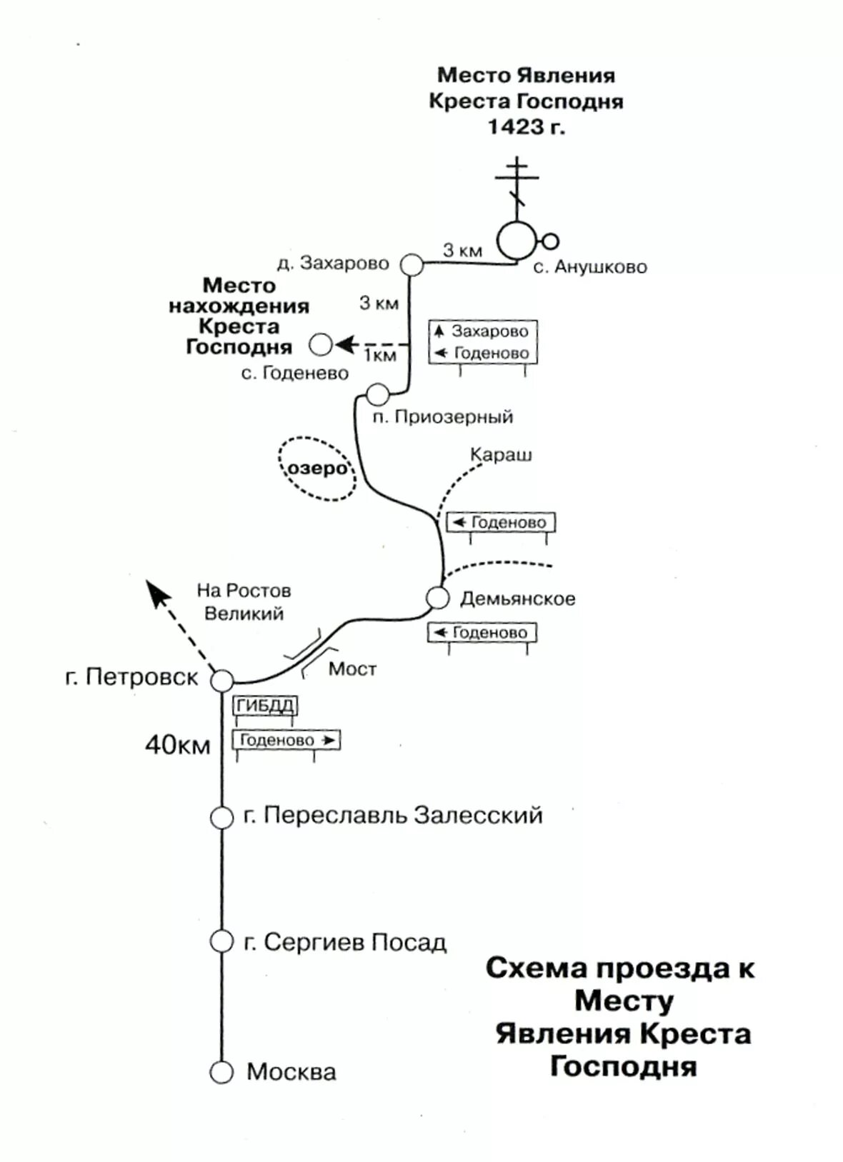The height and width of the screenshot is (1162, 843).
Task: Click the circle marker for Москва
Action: click(x=221, y=1072)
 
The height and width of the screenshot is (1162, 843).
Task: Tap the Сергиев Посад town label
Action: click(x=345, y=943)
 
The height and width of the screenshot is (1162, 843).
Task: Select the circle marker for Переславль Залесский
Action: click(x=221, y=817)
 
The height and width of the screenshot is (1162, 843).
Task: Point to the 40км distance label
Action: click(x=177, y=746)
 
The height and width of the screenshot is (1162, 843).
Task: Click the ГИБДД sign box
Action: click(x=264, y=706)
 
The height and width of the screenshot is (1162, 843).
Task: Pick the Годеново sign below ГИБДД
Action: click(x=286, y=740)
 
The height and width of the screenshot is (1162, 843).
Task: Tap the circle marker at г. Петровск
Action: click(x=221, y=681)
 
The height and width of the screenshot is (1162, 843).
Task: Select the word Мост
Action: click(x=352, y=669)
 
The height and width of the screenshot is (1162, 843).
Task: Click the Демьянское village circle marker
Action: click(x=437, y=598)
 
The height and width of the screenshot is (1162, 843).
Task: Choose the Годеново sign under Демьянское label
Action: click(x=482, y=633)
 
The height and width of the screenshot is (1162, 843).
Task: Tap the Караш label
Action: click(x=501, y=455)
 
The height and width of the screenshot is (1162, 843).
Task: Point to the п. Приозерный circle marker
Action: click(x=377, y=394)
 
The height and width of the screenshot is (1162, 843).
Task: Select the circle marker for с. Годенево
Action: click(x=321, y=345)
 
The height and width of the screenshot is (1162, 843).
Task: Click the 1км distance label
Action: click(x=380, y=356)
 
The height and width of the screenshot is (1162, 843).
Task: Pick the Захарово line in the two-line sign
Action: click(x=483, y=331)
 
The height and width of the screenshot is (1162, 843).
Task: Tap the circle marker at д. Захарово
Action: click(x=411, y=264)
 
